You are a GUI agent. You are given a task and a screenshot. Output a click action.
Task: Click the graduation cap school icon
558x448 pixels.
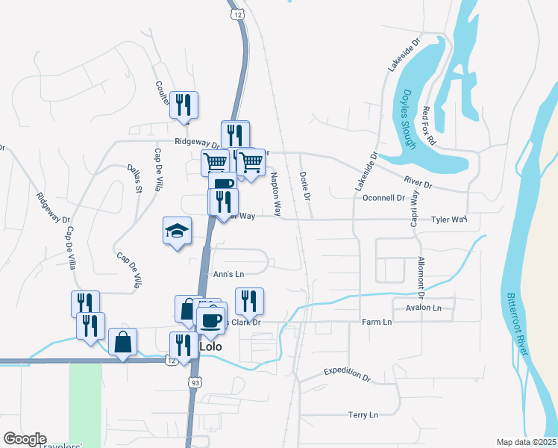(178, 232)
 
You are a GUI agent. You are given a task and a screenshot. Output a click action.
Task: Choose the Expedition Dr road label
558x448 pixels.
(347, 375)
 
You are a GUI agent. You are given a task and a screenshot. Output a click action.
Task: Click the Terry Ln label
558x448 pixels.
(363, 414)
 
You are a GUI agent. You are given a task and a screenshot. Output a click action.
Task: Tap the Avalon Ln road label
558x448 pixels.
(424, 308)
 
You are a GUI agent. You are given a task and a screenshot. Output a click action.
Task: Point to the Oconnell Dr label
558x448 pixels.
(378, 198)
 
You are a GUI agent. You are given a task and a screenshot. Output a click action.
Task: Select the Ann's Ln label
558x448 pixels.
(228, 274)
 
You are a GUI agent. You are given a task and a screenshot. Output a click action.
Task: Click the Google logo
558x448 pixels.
(24, 439)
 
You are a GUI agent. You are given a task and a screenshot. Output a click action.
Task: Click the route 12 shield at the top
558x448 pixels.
(236, 14)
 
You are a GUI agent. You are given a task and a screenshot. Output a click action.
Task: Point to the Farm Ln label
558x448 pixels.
(377, 323)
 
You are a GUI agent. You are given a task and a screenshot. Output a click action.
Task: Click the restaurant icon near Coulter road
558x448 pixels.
(183, 105)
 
